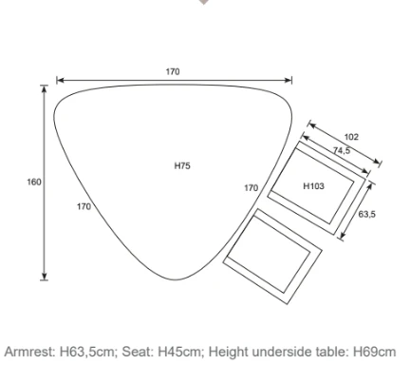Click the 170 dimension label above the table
point(173,72)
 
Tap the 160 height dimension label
point(34,182)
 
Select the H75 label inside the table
point(182,165)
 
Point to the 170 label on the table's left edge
point(84,206)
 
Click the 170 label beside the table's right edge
point(252,188)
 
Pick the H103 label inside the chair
point(314,186)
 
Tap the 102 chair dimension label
point(351,137)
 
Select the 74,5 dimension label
point(342,151)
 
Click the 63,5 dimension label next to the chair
point(367,214)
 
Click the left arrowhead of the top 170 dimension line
point(60,80)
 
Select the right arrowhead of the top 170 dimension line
point(289,80)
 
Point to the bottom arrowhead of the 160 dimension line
point(45,277)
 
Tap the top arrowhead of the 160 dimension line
point(45,88)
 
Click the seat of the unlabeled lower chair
point(269,254)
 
